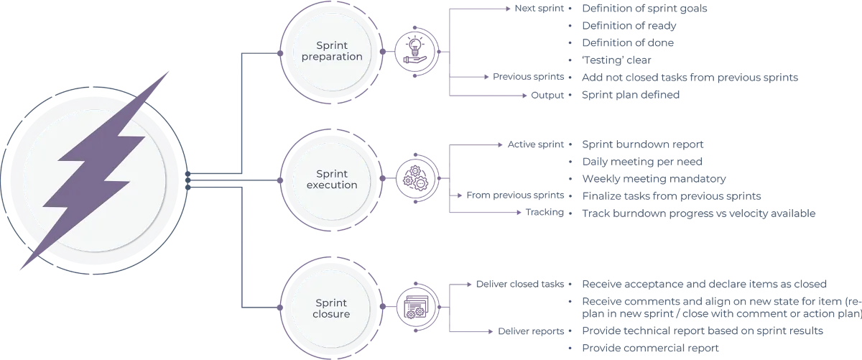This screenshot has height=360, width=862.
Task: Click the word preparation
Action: point(332,57)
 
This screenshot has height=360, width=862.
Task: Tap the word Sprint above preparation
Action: point(332,46)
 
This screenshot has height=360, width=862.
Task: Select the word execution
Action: point(332,185)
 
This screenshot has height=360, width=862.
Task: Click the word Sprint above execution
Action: point(332,174)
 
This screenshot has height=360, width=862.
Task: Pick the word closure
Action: point(332,314)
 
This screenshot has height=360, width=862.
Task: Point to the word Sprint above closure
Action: point(332,303)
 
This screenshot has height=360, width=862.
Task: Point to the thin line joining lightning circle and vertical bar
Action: point(208,180)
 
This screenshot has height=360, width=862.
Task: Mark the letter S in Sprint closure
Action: point(319,303)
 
